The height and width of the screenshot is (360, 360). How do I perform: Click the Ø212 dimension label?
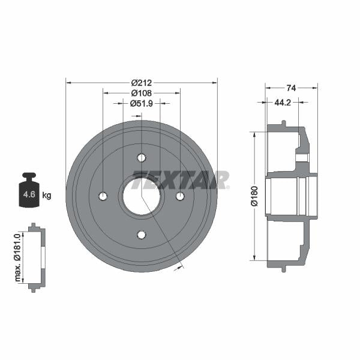[x=141, y=83]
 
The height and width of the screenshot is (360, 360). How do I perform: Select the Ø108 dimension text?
[x=141, y=93]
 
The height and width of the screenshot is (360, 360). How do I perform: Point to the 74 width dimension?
[x=291, y=88]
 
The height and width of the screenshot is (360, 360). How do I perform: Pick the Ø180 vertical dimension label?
[x=254, y=196]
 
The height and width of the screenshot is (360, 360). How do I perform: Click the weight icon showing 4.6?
[x=29, y=192]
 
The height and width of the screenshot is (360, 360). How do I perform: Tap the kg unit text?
[x=47, y=195]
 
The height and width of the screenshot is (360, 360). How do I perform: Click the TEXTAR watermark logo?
[x=180, y=180]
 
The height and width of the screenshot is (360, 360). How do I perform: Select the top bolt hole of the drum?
[x=142, y=158]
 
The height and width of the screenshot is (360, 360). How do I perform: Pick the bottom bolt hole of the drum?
[x=142, y=234]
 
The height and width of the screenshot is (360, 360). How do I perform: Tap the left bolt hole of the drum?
[x=103, y=196]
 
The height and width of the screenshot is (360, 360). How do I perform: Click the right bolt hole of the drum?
[x=180, y=196]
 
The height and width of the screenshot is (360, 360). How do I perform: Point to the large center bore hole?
[x=142, y=196]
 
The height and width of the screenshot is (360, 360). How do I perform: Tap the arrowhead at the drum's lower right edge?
[x=178, y=268]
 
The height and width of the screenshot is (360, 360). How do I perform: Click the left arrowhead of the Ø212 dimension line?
[x=68, y=83]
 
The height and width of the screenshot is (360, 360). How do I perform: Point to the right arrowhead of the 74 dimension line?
[x=316, y=88]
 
